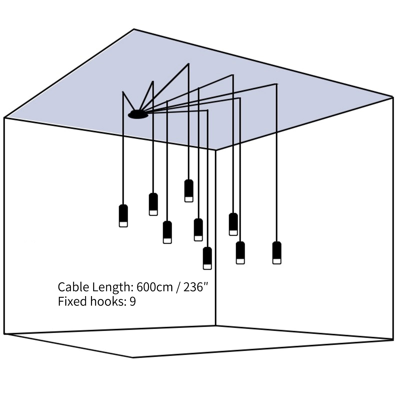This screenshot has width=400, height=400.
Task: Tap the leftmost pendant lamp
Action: [x=123, y=215]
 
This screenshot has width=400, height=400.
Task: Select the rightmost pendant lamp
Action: [x=277, y=252]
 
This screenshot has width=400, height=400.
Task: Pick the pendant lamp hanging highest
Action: [x=189, y=190]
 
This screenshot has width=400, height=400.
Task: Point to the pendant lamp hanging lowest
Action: [x=207, y=258]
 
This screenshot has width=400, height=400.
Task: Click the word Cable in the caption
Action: [x=73, y=287]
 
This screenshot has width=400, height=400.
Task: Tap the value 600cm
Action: [x=154, y=287]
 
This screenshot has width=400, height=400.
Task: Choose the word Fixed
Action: [x=73, y=301]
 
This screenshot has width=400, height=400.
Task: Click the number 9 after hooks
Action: [x=132, y=301]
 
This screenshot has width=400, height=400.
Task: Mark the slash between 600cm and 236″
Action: [x=178, y=287]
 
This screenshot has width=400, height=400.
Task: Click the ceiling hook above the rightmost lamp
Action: [x=276, y=84]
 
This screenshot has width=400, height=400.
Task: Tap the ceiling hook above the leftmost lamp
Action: [x=123, y=92]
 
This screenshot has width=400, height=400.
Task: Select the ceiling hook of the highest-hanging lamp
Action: [x=188, y=64]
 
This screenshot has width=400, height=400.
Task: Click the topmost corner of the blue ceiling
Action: [x=134, y=29]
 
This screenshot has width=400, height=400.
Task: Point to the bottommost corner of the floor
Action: [x=132, y=357]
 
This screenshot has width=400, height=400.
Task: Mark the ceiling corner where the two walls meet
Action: [x=215, y=150]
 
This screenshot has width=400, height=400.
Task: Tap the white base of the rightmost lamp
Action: [x=277, y=261]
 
